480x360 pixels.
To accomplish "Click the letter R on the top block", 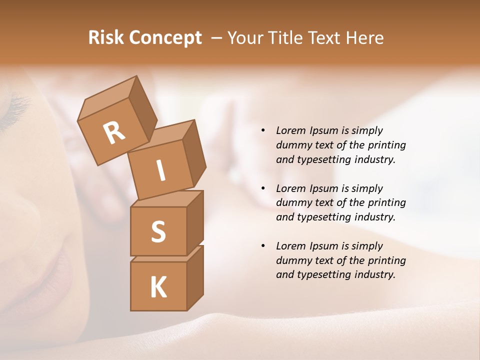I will tap(114, 133).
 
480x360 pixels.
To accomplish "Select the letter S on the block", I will tap(158, 231).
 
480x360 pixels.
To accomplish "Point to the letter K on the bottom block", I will tap(158, 287).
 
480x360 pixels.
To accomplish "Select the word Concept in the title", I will tap(165, 37).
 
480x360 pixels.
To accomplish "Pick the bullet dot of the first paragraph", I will tap(263, 130).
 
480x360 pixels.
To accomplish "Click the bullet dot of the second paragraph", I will tap(263, 188).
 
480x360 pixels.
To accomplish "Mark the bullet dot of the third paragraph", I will tap(263, 246).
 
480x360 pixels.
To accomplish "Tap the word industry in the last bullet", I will tap(375, 274).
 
